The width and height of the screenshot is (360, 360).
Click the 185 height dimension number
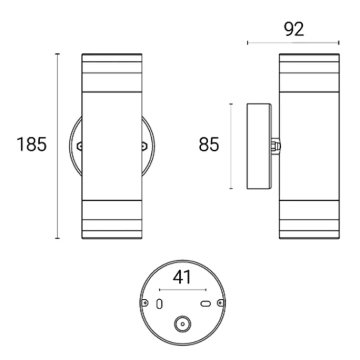pyautogui.click(x=32, y=144)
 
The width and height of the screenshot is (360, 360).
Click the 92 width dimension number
pyautogui.click(x=294, y=29)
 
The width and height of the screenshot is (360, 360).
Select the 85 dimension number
pyautogui.click(x=209, y=144)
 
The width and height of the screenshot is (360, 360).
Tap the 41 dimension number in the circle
pyautogui.click(x=182, y=277)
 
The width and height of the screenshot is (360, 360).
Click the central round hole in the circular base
pyautogui.click(x=183, y=324)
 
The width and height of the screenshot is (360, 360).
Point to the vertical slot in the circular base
pyautogui.click(x=159, y=304)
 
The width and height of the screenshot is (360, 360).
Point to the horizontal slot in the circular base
pyautogui.click(x=206, y=304)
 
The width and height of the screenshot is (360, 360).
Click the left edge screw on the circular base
pyautogui.click(x=144, y=303)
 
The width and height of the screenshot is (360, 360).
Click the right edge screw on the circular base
pyautogui.click(x=220, y=303)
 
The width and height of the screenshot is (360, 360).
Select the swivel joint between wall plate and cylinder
pyautogui.click(x=275, y=146)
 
